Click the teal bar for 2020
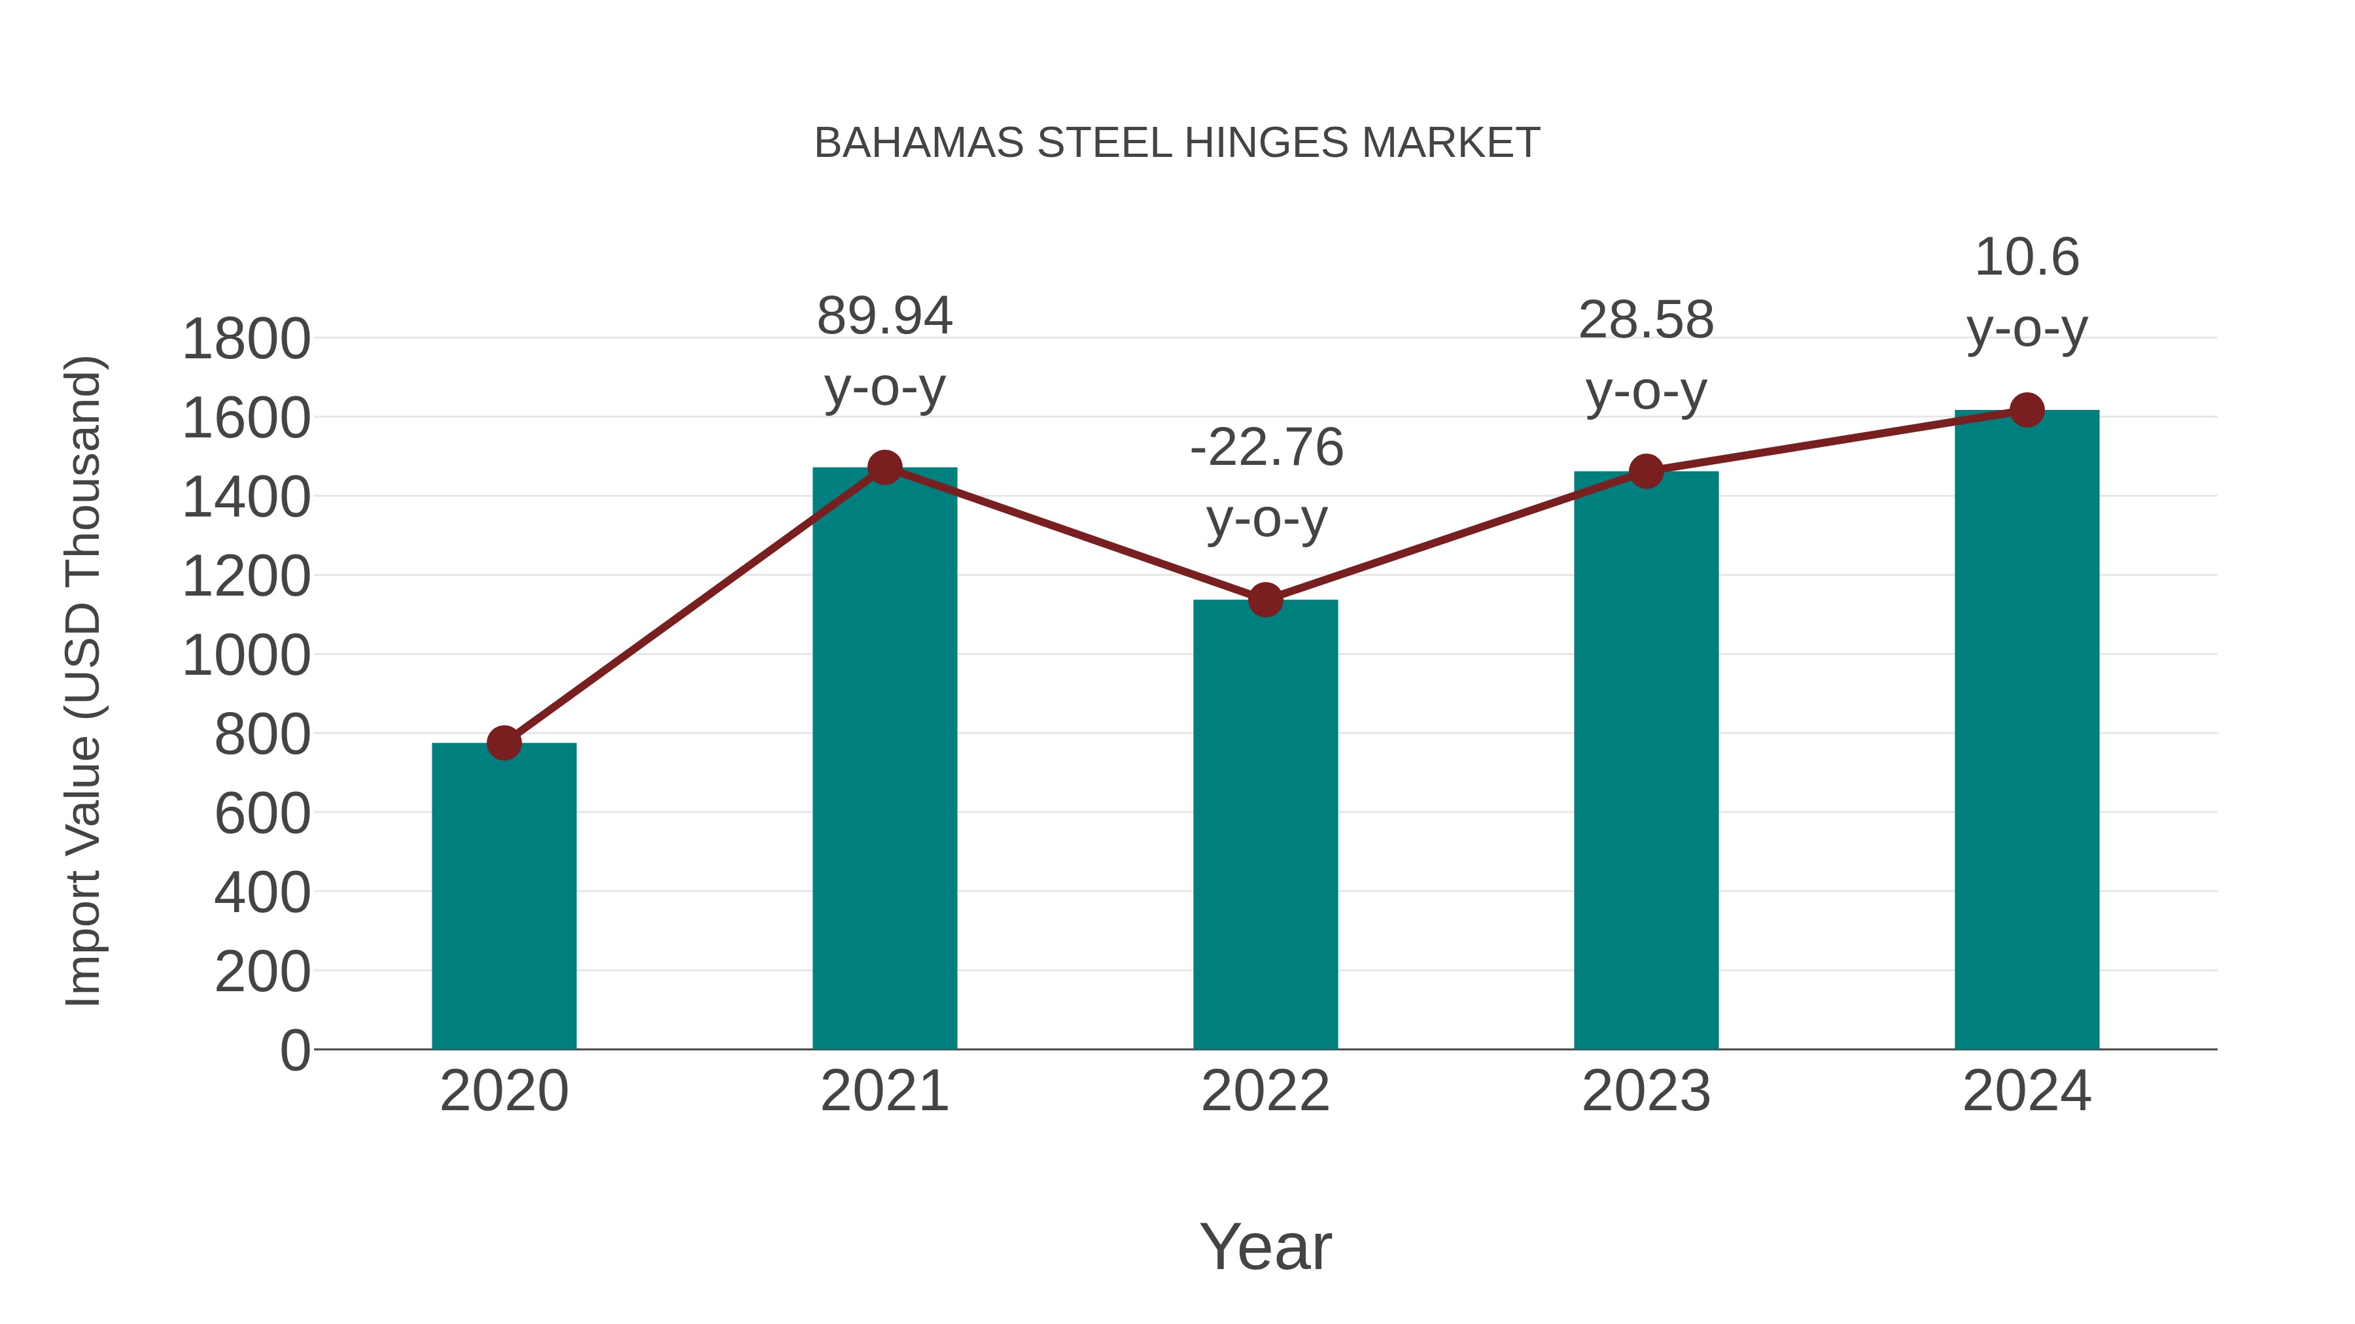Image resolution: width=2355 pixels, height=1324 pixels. tap(504, 896)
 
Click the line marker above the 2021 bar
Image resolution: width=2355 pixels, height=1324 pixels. tap(884, 468)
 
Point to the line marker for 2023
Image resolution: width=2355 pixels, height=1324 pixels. tap(1646, 471)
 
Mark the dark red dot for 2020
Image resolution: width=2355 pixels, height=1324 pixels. tap(504, 743)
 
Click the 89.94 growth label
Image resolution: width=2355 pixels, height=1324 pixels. tap(884, 316)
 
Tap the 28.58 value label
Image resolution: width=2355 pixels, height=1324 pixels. tap(1646, 321)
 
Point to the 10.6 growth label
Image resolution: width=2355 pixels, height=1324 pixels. tap(2027, 258)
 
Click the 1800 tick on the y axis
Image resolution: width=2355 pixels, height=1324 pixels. tap(246, 340)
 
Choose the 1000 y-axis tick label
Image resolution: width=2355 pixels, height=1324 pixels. tap(246, 656)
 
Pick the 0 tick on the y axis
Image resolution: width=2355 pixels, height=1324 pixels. tap(294, 1051)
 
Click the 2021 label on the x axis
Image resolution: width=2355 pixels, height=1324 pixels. tap(884, 1092)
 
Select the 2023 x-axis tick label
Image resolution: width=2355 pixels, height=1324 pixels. tap(1646, 1092)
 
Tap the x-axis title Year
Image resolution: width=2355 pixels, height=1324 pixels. tap(1265, 1248)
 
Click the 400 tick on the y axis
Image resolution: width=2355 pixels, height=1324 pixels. tap(262, 892)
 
